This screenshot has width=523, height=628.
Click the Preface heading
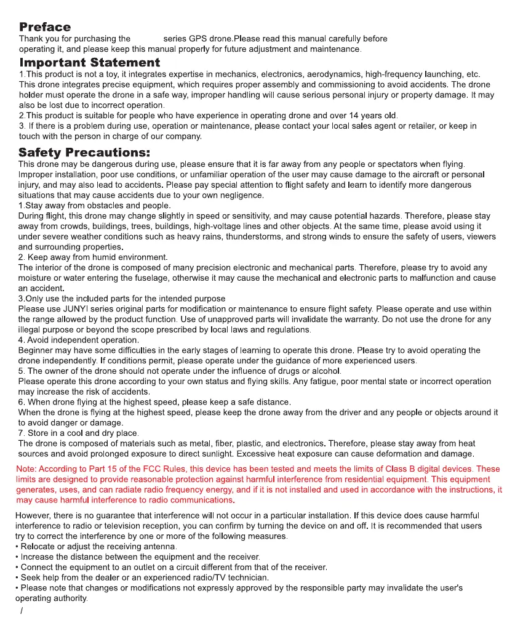[x=45, y=27]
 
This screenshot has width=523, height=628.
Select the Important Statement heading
[x=90, y=63]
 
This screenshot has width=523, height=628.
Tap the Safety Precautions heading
[x=84, y=152]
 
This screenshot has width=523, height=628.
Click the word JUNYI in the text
[x=70, y=309]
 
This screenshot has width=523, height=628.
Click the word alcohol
[x=326, y=371]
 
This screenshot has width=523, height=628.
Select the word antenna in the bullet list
[x=161, y=546]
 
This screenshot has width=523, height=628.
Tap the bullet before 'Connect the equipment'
[x=17, y=567]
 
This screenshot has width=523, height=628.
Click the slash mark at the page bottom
[x=22, y=611]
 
